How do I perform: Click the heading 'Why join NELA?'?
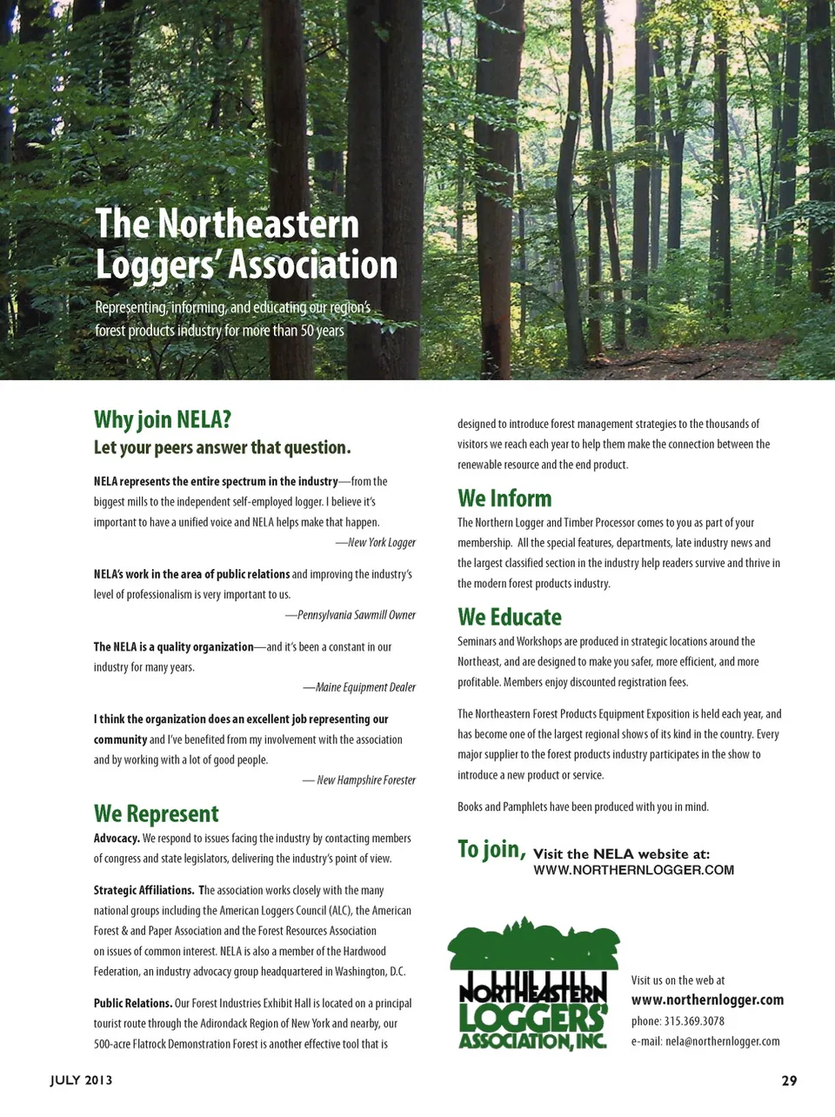pos(163,419)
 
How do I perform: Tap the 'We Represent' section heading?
pos(157,813)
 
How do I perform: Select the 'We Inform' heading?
pos(504,498)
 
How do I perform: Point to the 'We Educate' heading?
pos(510,617)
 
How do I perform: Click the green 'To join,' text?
pos(491,849)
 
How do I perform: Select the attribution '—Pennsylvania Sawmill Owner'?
pos(351,615)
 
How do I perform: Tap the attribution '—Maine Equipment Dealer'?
pos(359,687)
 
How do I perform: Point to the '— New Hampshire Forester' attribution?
pos(359,780)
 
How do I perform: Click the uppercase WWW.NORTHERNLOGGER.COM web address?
pos(633,870)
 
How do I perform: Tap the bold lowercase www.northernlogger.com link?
pos(707,1000)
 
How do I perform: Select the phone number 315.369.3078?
pos(693,1021)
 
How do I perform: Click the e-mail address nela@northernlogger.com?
pos(722,1041)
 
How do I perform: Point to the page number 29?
pos(789,1080)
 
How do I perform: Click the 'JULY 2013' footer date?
pos(81,1080)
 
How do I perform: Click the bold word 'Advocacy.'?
pos(117,839)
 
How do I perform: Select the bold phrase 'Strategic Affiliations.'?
pos(144,891)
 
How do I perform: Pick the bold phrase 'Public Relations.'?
pos(132,1003)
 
